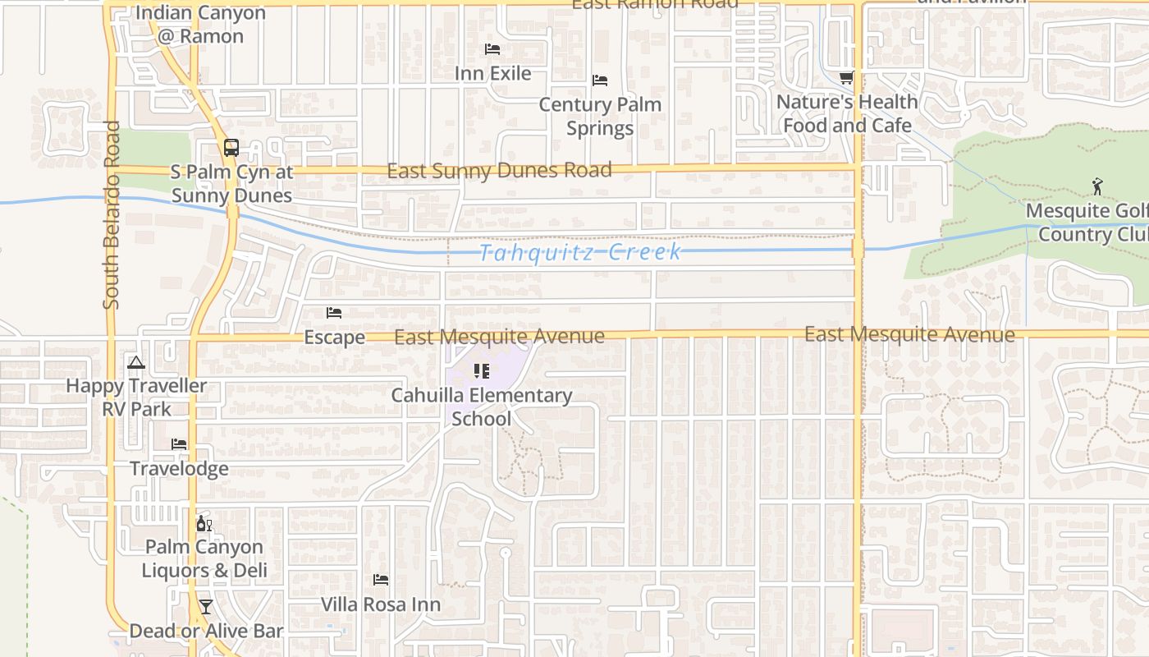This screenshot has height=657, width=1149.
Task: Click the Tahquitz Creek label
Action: pos(579,251)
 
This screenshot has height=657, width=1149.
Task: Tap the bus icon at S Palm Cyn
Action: pos(231,148)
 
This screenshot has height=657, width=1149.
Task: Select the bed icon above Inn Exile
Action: pos(492,49)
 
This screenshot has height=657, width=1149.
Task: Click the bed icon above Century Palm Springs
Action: pos(600,80)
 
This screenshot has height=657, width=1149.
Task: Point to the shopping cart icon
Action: pos(846,78)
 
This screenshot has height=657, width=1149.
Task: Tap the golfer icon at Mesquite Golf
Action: pos(1097,187)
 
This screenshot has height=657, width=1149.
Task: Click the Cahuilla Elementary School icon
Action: pos(482,371)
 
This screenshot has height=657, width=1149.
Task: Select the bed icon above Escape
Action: pos(334,313)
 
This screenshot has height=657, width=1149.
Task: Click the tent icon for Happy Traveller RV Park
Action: pos(136,362)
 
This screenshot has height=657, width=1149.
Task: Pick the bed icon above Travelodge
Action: pos(179,444)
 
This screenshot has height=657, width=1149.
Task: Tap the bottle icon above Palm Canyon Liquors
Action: pos(204,523)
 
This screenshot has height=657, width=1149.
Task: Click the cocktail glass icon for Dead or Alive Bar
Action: pos(206,607)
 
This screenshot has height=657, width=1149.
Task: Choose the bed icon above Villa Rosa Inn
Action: pos(381,580)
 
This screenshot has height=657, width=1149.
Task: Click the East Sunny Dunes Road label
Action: pos(499,171)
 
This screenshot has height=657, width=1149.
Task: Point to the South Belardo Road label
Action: pos(112,216)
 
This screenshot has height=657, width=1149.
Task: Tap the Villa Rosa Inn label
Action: pos(381,604)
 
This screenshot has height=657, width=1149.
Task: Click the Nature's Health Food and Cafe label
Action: pos(847,113)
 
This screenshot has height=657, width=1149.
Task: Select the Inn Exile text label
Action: pos(493,73)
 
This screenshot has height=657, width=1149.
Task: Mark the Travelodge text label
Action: pos(179,469)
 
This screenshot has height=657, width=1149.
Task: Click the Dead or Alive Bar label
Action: pos(206,631)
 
